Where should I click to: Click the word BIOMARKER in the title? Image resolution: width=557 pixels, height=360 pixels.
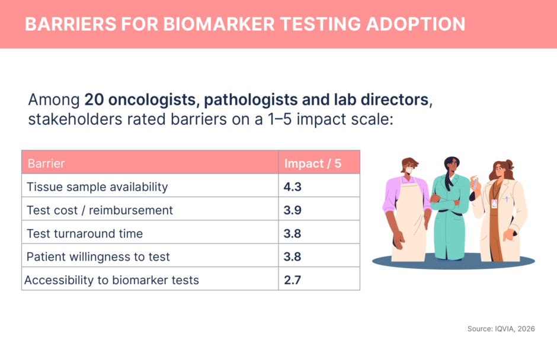pyautogui.click(x=219, y=24)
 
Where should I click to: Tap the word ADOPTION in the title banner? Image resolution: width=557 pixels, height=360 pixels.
pyautogui.click(x=415, y=24)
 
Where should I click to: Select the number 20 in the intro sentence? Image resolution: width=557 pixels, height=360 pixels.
pyautogui.click(x=94, y=99)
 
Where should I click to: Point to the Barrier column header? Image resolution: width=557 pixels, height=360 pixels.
pyautogui.click(x=46, y=163)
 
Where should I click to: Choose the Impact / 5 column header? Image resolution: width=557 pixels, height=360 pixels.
pyautogui.click(x=313, y=163)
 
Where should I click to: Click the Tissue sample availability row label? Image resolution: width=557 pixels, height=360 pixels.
pyautogui.click(x=97, y=187)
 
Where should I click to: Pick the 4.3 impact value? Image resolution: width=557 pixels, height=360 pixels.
pyautogui.click(x=292, y=187)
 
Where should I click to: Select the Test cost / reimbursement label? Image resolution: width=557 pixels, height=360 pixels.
pyautogui.click(x=100, y=210)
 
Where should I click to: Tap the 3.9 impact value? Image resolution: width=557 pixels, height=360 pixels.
pyautogui.click(x=292, y=210)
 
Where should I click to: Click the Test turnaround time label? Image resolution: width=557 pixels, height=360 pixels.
pyautogui.click(x=85, y=234)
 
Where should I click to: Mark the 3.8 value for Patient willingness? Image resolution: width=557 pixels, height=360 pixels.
pyautogui.click(x=292, y=257)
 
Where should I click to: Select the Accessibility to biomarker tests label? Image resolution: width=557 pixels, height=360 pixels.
pyautogui.click(x=111, y=280)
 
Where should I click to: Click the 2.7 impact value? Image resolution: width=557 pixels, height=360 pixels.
pyautogui.click(x=292, y=280)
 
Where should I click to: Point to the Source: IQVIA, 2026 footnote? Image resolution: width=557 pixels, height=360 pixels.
pyautogui.click(x=501, y=329)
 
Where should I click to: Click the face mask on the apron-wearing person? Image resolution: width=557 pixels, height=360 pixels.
pyautogui.click(x=409, y=171)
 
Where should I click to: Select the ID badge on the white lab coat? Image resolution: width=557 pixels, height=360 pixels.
pyautogui.click(x=494, y=204)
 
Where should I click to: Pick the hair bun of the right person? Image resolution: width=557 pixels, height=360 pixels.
pyautogui.click(x=510, y=164)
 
